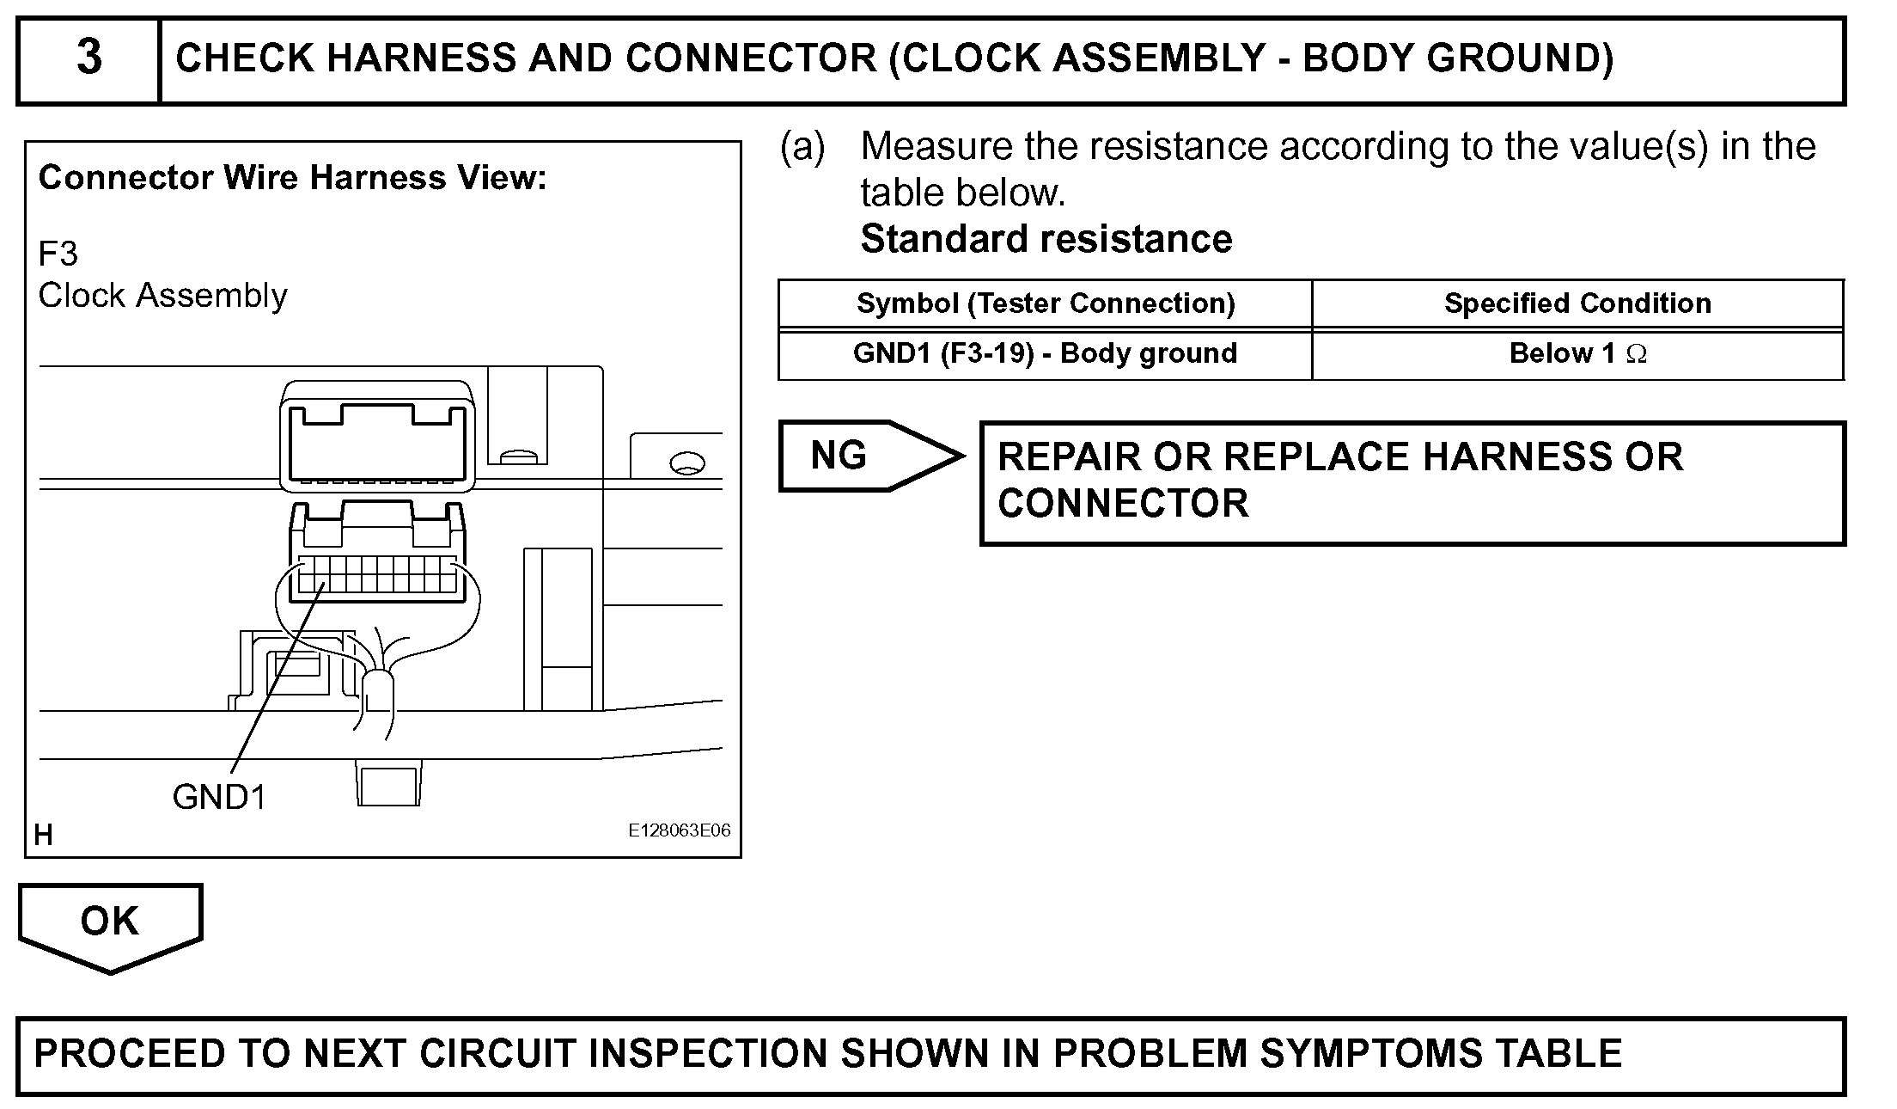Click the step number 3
pos(89,58)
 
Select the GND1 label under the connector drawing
pos(219,797)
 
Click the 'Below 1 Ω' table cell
pos(1577,353)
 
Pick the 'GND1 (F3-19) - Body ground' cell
pos(1045,353)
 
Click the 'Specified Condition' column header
pos(1577,303)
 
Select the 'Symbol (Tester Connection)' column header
pos(1045,303)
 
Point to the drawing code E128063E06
pos(679,830)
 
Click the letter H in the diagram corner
pos(43,834)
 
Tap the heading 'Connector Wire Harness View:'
pos(292,178)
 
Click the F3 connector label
pos(58,254)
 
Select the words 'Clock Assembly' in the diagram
pos(163,296)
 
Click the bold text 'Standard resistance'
pos(1046,239)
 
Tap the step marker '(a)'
pos(802,147)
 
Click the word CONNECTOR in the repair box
pos(1123,504)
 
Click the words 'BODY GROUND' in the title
pos(1456,58)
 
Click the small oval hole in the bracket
pos(686,464)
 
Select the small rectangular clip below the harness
pos(388,786)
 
